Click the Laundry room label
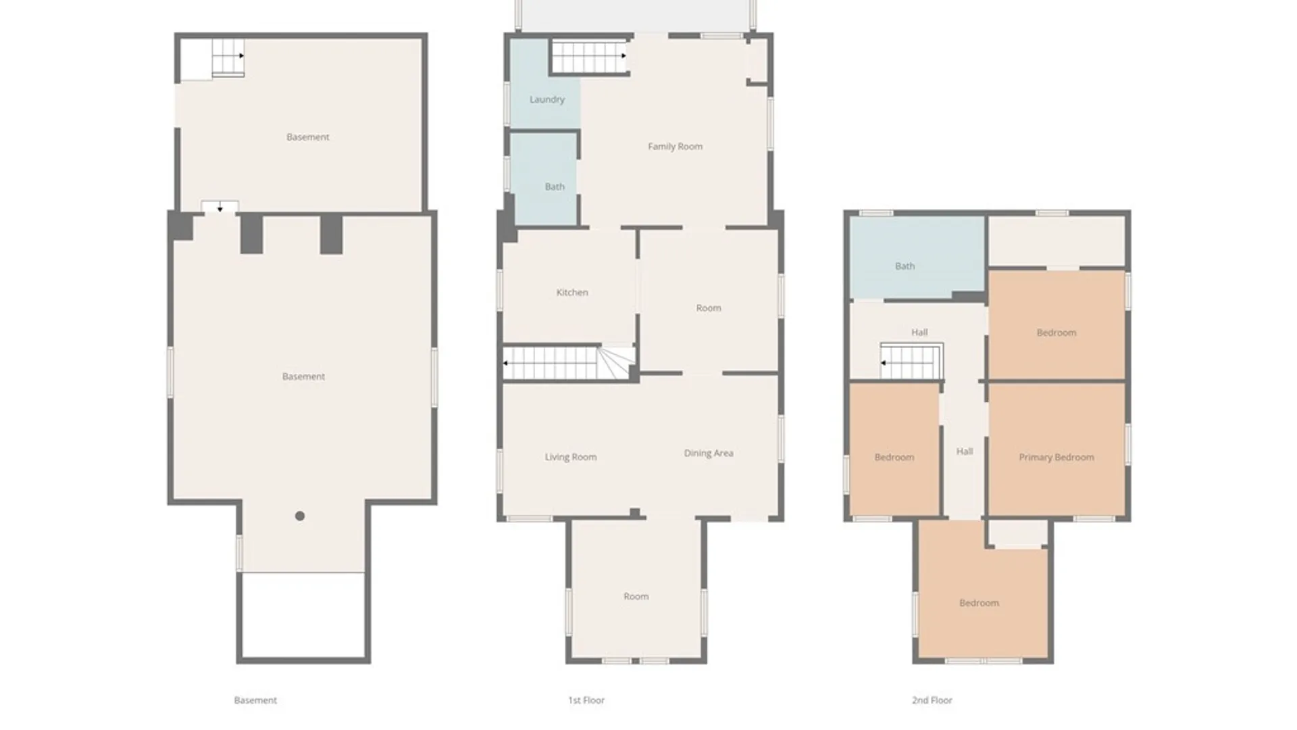(547, 99)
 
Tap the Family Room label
(675, 147)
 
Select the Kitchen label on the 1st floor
(572, 293)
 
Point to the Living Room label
(571, 458)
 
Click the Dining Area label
(709, 454)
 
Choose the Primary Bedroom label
(1057, 458)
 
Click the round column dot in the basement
(300, 516)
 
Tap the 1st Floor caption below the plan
(586, 700)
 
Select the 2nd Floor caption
(932, 700)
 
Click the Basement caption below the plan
(255, 700)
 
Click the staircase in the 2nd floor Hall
(911, 362)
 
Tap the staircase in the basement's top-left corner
(228, 57)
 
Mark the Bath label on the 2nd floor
(905, 266)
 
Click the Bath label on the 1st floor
(555, 187)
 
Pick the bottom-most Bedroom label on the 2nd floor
(980, 603)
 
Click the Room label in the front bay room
(636, 597)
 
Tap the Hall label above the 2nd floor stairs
(919, 333)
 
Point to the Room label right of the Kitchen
(709, 308)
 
